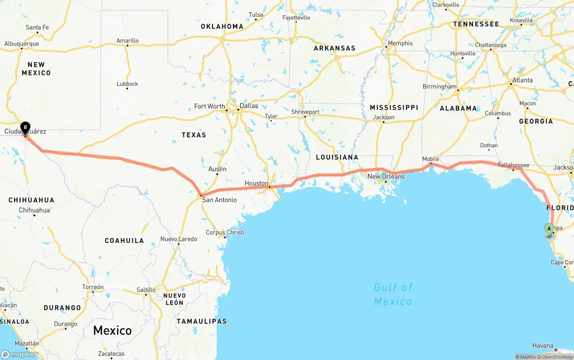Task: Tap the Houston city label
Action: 256,183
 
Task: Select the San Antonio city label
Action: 219,200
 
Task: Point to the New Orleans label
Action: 386,177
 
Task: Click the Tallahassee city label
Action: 514,165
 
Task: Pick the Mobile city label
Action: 430,159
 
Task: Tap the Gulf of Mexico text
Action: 393,294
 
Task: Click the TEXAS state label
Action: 194,135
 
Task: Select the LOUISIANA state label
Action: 337,157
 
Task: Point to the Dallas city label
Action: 249,106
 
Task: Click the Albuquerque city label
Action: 22,44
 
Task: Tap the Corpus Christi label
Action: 225,232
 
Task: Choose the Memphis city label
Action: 400,43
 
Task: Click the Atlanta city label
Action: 522,80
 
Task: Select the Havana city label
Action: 543,346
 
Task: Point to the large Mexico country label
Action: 112,331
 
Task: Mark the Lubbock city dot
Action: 127,88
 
